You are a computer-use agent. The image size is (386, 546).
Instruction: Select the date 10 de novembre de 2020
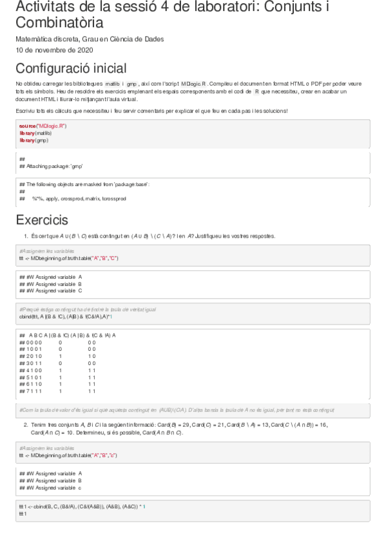click(55, 50)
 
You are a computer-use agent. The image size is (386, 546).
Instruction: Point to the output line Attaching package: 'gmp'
click(55, 166)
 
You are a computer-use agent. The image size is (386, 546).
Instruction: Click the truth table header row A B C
click(71, 335)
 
